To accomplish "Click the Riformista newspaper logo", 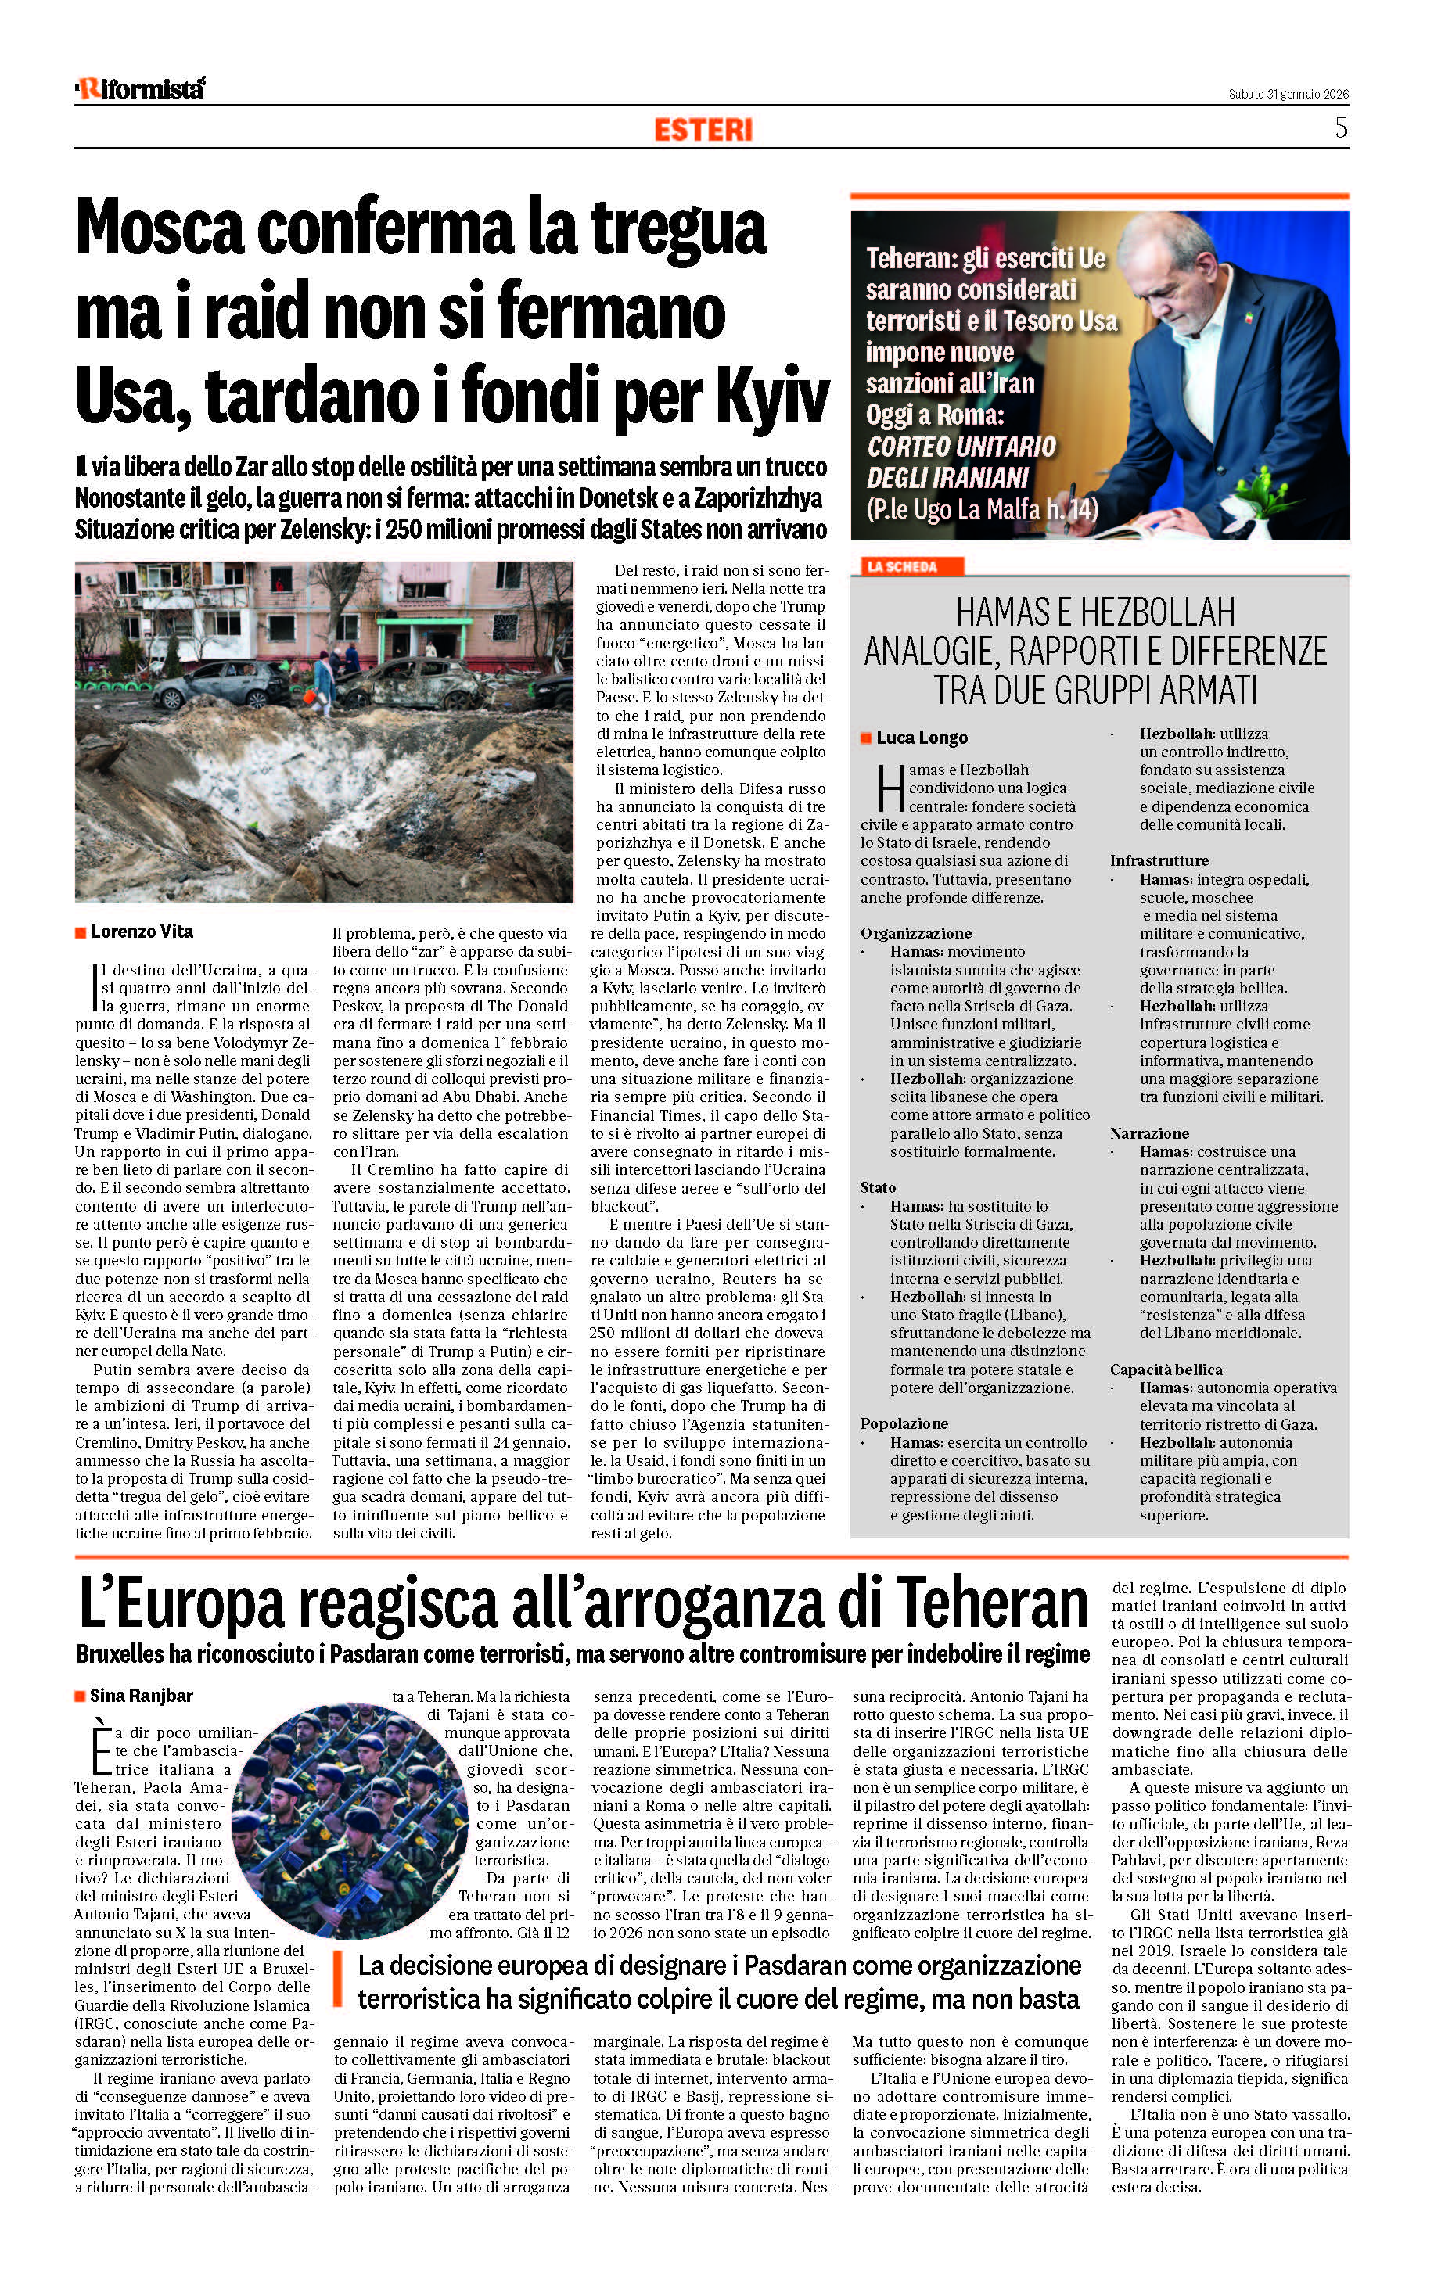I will point(140,88).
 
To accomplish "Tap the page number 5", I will point(1341,127).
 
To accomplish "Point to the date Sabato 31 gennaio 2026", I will point(1288,93).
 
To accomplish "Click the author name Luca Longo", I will point(922,738).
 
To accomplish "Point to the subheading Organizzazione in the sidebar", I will point(915,932).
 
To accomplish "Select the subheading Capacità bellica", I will point(1166,1369).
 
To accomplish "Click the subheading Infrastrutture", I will point(1159,860).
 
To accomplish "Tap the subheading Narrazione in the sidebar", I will point(1149,1133).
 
